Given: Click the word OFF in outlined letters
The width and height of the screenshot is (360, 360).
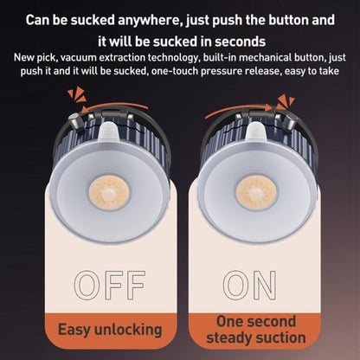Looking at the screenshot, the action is (110, 285).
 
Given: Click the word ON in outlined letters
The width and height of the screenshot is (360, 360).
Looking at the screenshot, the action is (250, 285).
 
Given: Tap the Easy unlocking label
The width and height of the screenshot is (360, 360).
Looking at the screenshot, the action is (110, 330).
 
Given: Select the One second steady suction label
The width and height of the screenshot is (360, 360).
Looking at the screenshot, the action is (256, 330).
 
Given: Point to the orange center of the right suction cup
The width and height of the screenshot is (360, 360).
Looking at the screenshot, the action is (256, 193).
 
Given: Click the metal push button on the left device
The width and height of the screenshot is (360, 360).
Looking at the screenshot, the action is (75, 121).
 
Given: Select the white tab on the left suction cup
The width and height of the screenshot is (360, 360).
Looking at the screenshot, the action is (108, 132).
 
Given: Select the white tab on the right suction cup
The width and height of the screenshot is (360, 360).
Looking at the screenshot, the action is (255, 132).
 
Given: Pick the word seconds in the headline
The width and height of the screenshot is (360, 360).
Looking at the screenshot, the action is (240, 42).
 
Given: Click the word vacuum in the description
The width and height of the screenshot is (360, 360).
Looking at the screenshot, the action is (78, 58).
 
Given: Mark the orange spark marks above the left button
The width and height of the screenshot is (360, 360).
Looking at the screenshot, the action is (77, 94).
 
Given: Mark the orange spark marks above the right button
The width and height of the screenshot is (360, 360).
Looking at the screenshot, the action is (286, 103).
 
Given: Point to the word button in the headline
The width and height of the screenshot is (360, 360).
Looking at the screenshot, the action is (289, 20).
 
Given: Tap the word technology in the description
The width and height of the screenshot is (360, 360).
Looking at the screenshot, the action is (174, 58).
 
